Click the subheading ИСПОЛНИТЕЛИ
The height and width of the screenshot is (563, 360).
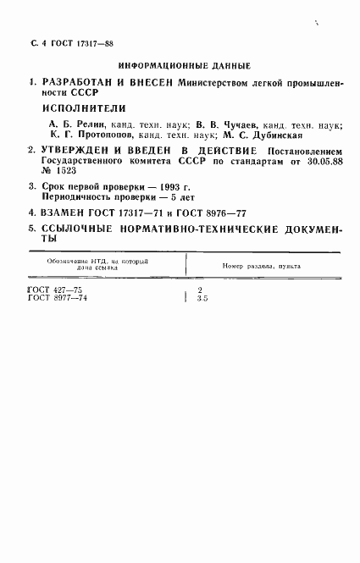click(x=83, y=108)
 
